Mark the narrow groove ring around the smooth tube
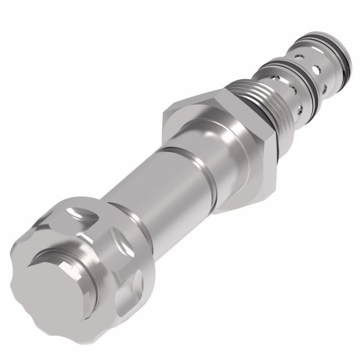coord(193,164)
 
